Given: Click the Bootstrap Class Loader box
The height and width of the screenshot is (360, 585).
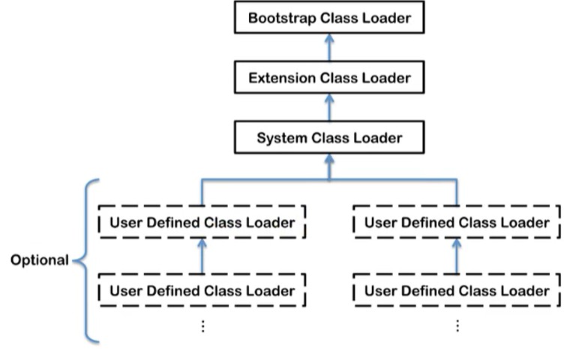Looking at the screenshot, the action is coord(329,17).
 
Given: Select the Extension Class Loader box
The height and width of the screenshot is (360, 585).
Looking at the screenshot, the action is coord(329,77).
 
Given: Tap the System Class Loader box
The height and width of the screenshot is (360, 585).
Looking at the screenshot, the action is coord(329,137).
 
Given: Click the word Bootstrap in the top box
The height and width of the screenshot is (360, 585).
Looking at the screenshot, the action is coord(282,18).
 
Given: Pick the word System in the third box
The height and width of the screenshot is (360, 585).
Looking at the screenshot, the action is coord(282,139).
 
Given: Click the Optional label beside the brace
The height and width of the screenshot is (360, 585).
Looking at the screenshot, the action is coord(40,260).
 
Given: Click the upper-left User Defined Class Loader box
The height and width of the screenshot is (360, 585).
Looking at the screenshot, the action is coord(202,222).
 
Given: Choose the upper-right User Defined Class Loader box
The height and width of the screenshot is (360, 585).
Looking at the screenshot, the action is coord(457,222).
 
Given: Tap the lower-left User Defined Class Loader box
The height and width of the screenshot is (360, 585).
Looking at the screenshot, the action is coord(202,290).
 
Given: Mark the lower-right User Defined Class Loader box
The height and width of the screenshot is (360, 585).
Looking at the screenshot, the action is coord(457,290).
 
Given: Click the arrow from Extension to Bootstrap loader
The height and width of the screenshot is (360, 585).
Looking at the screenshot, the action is coord(329,47).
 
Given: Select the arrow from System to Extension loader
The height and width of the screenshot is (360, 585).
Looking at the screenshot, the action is coord(329,107).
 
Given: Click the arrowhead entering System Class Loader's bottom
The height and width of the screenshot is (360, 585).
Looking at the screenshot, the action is coord(329,159).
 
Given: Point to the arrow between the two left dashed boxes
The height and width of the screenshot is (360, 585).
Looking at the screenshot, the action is coord(202,256).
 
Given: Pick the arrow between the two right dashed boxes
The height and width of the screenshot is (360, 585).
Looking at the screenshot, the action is coord(457,256).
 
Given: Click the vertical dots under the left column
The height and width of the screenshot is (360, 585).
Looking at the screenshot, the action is coord(203,326).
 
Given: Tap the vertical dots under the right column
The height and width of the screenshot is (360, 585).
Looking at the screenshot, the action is coord(457,326).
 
